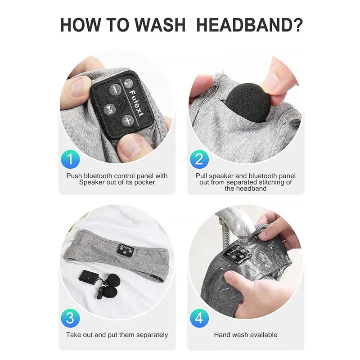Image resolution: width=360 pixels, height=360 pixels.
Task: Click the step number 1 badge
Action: pos(71,159)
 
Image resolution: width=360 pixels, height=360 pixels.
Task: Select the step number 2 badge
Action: pos(199,159)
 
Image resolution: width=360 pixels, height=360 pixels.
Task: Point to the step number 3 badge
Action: pos(71,318)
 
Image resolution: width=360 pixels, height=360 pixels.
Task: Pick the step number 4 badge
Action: pos(199,318)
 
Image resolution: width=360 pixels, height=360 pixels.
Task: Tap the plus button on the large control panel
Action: pos(128,120)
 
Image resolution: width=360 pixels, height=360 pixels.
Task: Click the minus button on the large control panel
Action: pos(115,89)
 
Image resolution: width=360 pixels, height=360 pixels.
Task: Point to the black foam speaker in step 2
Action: pos(248,103)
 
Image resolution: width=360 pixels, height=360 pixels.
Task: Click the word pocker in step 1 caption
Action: pos(144,182)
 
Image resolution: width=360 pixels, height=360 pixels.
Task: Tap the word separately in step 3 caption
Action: pos(152,335)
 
